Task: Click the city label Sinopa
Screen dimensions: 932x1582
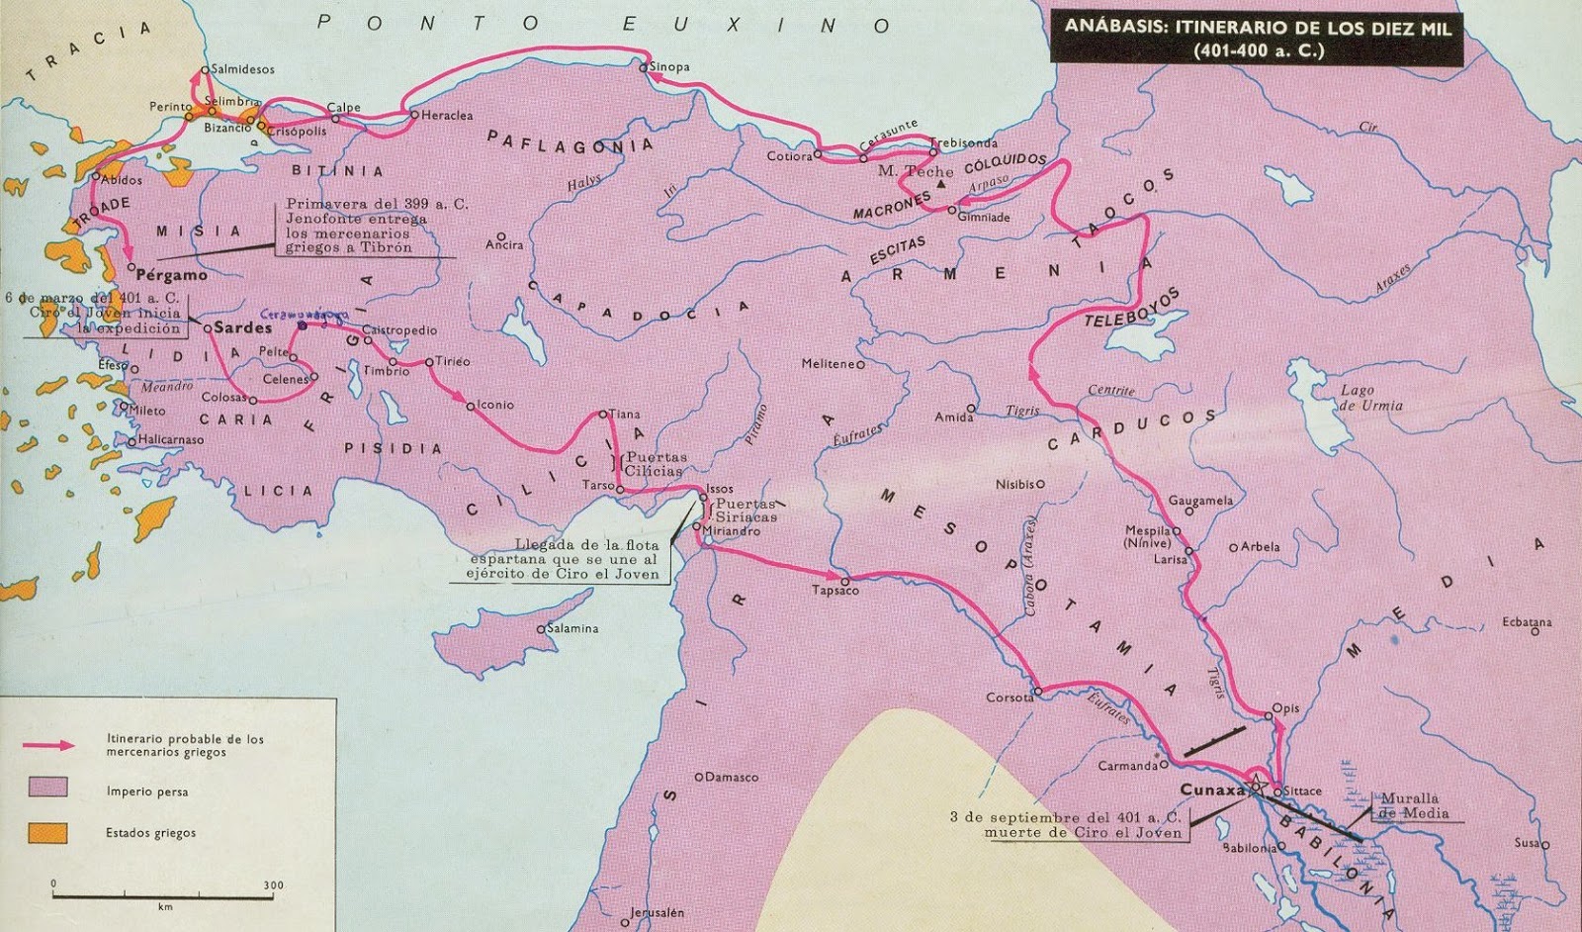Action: (670, 67)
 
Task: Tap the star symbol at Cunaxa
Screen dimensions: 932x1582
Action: (1256, 789)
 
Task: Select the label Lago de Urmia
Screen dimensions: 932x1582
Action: (1370, 398)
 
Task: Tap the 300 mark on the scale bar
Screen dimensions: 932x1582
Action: (274, 885)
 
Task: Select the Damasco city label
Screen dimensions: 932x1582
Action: (733, 778)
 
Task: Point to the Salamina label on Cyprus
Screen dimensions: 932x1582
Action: (572, 628)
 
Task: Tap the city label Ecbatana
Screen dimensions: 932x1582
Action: (1527, 622)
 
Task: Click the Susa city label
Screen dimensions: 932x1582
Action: (1527, 843)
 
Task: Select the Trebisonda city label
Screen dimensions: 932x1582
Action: (966, 143)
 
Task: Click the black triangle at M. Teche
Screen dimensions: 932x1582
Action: (941, 185)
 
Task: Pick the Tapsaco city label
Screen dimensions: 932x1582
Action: (835, 591)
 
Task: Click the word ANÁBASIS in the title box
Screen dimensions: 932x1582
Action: (1113, 28)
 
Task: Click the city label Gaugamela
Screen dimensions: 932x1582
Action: (1200, 501)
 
